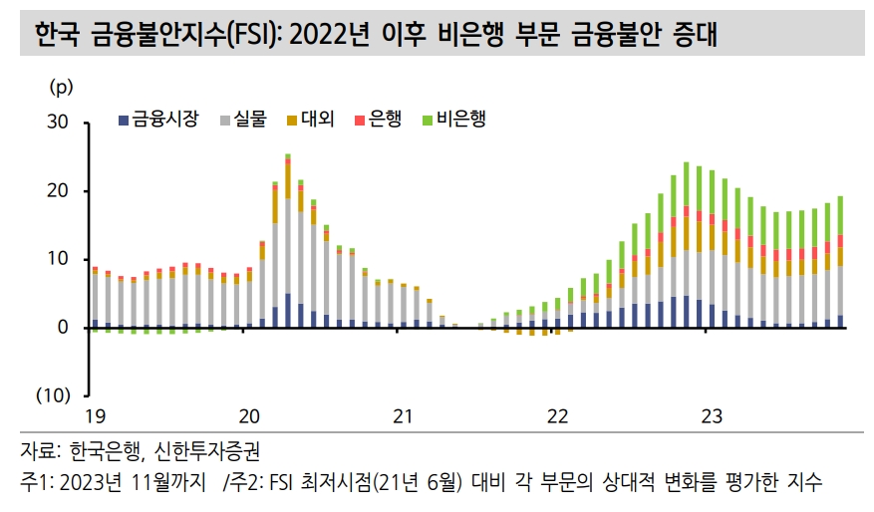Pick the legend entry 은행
click(384, 120)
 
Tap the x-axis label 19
click(94, 415)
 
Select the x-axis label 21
click(402, 415)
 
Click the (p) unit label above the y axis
click(61, 87)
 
